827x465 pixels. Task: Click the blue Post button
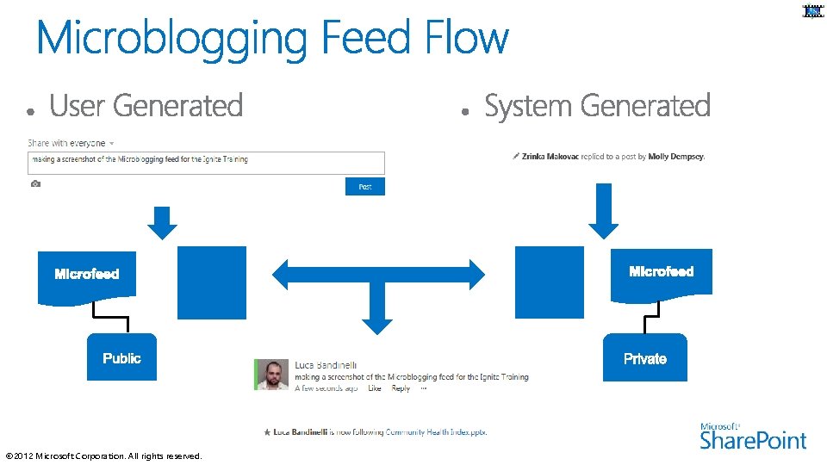click(365, 186)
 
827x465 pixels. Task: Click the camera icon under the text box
click(35, 184)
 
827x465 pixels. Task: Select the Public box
click(121, 357)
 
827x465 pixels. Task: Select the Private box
click(645, 358)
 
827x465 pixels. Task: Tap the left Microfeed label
click(87, 274)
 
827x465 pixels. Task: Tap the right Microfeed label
click(662, 271)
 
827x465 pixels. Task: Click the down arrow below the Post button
click(162, 222)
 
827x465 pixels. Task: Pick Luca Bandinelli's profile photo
click(272, 375)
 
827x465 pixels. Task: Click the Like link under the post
click(374, 388)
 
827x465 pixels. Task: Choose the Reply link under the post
click(401, 388)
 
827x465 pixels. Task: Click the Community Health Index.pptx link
click(436, 431)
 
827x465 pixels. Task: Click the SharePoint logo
click(753, 436)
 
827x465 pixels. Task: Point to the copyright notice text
click(103, 456)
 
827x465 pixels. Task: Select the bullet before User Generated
click(30, 112)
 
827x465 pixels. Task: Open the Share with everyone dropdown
click(112, 143)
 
